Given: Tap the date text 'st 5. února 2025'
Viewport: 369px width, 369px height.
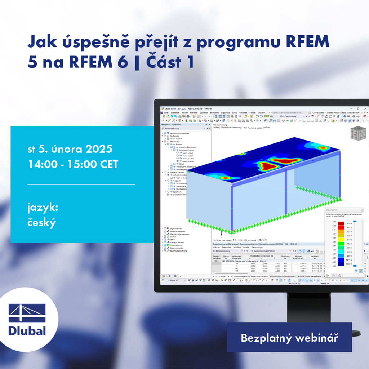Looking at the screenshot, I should click(x=70, y=149).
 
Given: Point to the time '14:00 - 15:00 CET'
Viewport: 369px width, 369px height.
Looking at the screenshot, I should click(x=73, y=164).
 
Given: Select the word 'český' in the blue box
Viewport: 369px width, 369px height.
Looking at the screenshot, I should click(x=42, y=223).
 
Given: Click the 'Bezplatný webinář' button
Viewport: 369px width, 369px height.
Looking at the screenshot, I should click(x=289, y=338).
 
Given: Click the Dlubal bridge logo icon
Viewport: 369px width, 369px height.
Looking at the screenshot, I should click(x=27, y=313).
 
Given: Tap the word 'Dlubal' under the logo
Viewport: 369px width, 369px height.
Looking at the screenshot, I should click(x=27, y=330).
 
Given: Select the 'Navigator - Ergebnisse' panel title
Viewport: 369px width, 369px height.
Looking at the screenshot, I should click(x=172, y=124).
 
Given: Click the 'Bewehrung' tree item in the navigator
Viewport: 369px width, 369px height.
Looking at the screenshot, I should click(x=174, y=142).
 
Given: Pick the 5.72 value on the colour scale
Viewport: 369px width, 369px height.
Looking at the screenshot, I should click(x=334, y=222).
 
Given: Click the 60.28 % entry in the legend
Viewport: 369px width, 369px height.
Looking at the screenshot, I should click(x=349, y=264).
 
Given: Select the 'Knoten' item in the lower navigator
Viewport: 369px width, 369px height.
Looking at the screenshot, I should click(x=173, y=237).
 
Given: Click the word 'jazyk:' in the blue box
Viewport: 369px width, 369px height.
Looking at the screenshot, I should click(x=43, y=208).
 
